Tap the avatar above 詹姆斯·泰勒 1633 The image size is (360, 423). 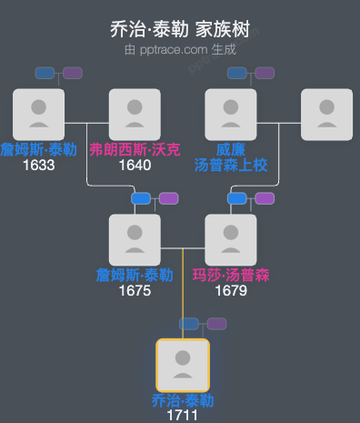coord(38,115)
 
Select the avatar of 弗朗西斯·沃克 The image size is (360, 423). coord(135,115)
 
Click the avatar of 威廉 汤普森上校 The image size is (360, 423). coord(231,115)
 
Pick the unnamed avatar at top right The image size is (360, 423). coord(326,115)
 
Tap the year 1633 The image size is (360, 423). coord(38,166)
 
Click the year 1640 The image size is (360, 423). coord(135,166)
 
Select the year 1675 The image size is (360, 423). coord(135,291)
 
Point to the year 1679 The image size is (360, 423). coord(231,291)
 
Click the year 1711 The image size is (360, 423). coord(183,416)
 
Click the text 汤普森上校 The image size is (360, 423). coord(231,166)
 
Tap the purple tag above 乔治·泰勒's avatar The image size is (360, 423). coord(216,324)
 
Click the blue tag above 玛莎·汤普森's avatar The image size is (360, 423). coord(236,198)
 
